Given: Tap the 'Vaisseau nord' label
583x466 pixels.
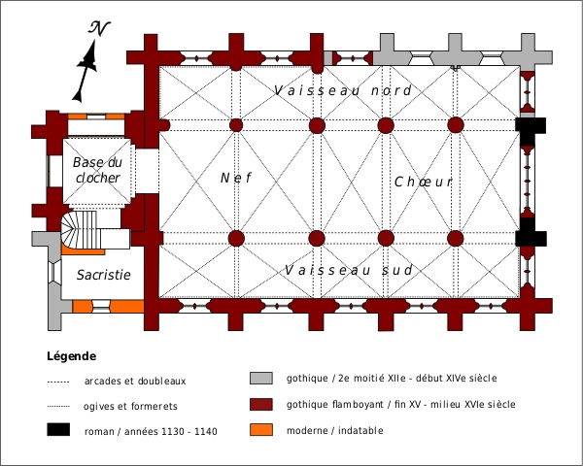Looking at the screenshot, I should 343,90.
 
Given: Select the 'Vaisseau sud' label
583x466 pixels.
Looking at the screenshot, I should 350,269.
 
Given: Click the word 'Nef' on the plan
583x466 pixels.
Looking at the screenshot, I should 236,179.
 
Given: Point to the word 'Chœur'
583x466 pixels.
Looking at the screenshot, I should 424,182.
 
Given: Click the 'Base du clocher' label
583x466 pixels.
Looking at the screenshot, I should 96,170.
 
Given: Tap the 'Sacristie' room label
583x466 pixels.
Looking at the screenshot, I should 103,275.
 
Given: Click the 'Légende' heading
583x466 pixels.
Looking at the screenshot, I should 71,355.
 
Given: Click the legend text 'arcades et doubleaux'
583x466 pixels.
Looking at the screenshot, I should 135,381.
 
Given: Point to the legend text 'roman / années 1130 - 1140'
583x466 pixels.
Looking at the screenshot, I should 152,430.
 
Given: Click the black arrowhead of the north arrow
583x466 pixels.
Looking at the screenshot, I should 90,60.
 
